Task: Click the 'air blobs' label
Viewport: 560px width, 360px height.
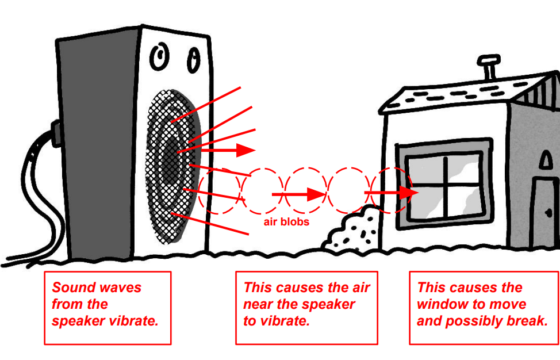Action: click(x=286, y=221)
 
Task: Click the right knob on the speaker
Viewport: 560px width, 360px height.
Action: click(x=194, y=58)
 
